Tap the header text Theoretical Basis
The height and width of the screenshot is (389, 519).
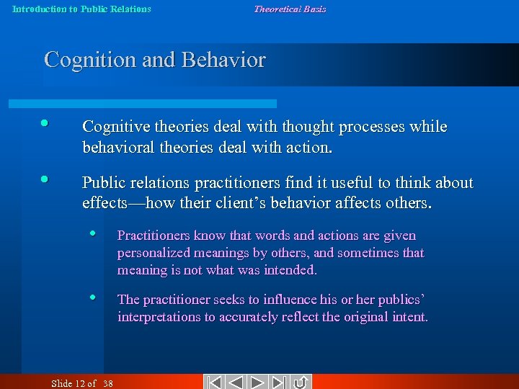tap(290, 9)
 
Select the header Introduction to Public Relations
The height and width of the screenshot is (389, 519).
tap(82, 9)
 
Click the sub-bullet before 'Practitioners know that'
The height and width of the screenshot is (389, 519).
tap(94, 233)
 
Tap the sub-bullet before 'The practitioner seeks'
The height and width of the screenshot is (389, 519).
tap(94, 296)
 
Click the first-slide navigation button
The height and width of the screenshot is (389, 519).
tap(213, 383)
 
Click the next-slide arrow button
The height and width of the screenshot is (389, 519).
tap(259, 383)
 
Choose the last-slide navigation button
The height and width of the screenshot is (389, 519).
tap(281, 383)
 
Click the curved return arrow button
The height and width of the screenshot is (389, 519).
tap(301, 383)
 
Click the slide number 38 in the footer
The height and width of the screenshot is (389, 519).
tap(108, 383)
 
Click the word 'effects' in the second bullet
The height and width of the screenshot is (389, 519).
tap(105, 202)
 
